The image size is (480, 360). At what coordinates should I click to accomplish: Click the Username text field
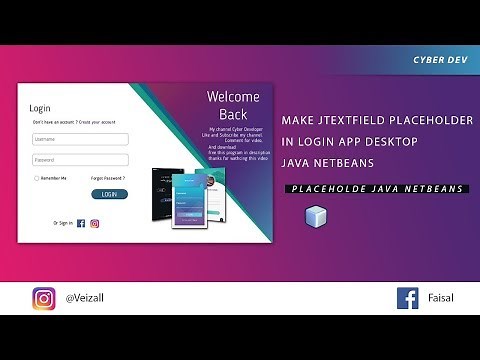80,139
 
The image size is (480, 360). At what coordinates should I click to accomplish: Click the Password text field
80,159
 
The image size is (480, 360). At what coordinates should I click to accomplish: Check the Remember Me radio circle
35,177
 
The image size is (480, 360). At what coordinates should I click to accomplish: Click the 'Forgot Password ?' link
108,177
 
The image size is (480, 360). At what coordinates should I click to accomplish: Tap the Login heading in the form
40,108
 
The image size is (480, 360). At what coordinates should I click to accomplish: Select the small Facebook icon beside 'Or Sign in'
81,223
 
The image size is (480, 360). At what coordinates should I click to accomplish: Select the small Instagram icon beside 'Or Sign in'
95,223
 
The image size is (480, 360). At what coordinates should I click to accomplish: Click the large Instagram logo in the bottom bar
44,298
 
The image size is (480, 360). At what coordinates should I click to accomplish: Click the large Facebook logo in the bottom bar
407,298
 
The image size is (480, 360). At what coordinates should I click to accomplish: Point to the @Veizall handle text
87,298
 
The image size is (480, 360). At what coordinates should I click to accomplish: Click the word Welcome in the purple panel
232,97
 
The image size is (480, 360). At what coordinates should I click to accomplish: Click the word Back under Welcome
233,114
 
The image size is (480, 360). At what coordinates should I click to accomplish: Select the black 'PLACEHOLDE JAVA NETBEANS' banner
376,188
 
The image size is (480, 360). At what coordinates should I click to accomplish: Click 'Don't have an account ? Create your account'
73,122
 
